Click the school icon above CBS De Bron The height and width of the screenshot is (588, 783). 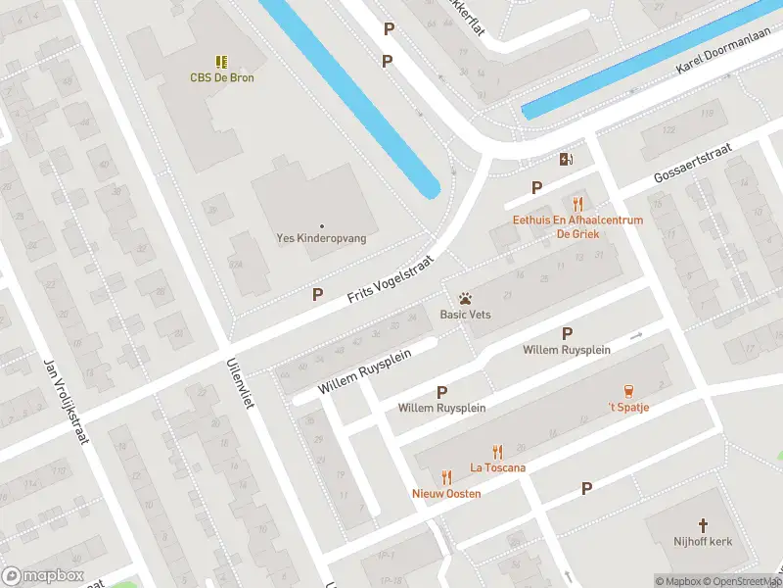click(x=221, y=61)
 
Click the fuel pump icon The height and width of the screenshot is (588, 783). click(x=566, y=159)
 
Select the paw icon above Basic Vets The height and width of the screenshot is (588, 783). click(x=465, y=297)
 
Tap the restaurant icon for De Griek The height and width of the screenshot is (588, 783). click(x=578, y=204)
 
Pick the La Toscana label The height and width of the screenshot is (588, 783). click(x=497, y=467)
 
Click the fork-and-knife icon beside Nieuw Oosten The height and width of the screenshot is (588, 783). click(x=446, y=476)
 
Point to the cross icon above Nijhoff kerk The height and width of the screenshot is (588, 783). click(x=703, y=525)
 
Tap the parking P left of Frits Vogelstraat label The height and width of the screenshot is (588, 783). click(x=317, y=294)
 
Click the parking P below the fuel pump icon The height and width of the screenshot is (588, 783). click(x=536, y=187)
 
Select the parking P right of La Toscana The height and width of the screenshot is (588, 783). click(x=587, y=488)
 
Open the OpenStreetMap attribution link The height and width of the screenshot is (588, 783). click(x=739, y=581)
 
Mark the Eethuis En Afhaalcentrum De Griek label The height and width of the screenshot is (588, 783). click(x=577, y=226)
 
